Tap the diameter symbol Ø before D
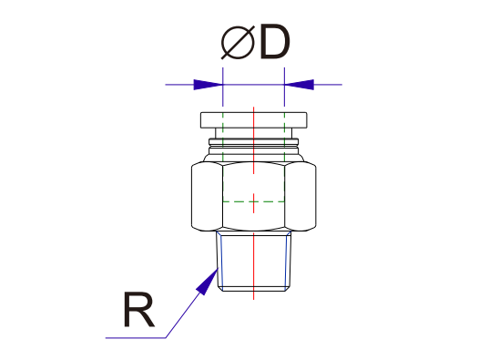pyautogui.click(x=237, y=43)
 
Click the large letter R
pyautogui.click(x=137, y=310)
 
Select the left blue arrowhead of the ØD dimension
pyautogui.click(x=209, y=85)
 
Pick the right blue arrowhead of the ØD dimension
pyautogui.click(x=299, y=85)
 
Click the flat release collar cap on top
pyautogui.click(x=254, y=120)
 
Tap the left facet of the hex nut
pyautogui.click(x=207, y=196)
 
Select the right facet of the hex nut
pyautogui.click(x=301, y=196)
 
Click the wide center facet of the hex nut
pyautogui.click(x=254, y=182)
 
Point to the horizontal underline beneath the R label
pyautogui.click(x=137, y=338)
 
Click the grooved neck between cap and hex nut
pyautogui.click(x=254, y=144)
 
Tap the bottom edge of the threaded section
pyautogui.click(x=254, y=292)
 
